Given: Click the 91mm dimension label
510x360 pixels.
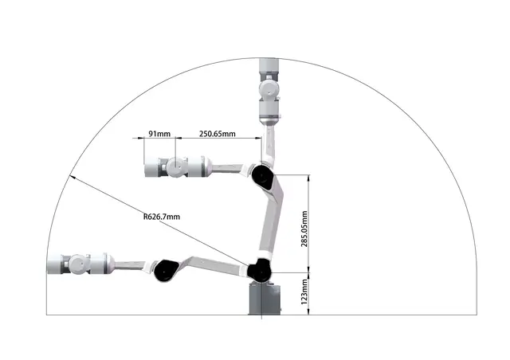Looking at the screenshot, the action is (x=159, y=134).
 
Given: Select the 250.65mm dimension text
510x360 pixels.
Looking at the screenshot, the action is (x=218, y=134).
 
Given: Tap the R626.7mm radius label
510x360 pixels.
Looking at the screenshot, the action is (x=162, y=217).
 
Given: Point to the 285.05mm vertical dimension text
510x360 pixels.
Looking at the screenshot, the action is (x=304, y=229).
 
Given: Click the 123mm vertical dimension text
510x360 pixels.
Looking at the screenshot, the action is (x=304, y=292).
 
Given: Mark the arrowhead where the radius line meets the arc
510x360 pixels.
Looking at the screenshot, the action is (x=73, y=178).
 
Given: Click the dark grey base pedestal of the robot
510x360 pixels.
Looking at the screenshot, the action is (x=264, y=299).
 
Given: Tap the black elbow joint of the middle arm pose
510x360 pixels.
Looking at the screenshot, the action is (x=263, y=177).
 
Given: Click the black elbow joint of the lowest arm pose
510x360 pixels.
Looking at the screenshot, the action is (x=167, y=271).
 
